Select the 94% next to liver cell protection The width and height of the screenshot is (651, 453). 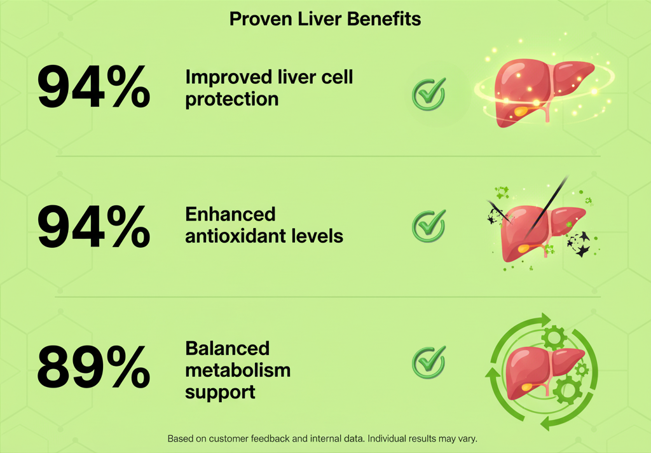click(93, 88)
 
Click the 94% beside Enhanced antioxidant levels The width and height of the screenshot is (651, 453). click(93, 226)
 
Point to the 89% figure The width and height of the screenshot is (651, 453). click(93, 367)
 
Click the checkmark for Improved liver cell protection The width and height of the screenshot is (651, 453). click(429, 94)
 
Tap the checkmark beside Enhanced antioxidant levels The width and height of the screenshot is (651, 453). click(429, 226)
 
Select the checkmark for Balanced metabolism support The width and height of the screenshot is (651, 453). click(429, 362)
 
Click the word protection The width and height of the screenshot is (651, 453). click(231, 100)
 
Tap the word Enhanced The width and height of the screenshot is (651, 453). click(230, 214)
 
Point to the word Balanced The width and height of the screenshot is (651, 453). click(227, 348)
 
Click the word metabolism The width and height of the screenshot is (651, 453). click(238, 370)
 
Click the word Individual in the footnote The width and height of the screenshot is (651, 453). click(387, 438)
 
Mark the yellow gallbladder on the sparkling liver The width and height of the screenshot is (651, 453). click(521, 111)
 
